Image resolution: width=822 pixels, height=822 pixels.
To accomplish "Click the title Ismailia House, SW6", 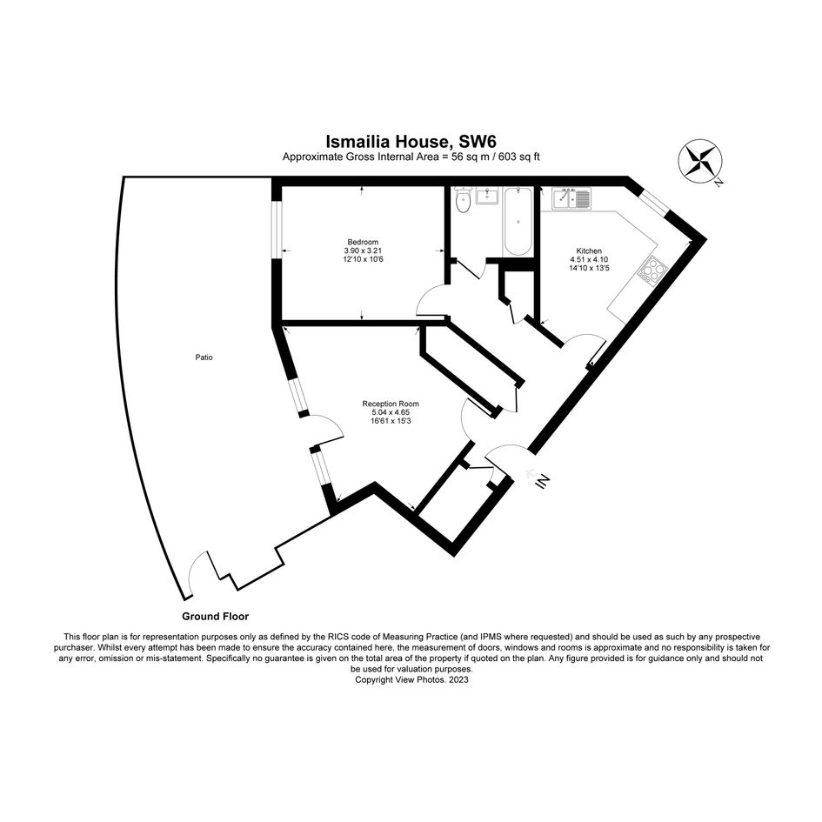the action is point(411,142).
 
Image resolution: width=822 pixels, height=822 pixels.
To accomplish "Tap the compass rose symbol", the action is point(700,162).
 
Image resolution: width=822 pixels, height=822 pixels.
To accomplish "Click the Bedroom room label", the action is point(363,242).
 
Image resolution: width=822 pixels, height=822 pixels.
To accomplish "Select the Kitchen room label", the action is point(589,251).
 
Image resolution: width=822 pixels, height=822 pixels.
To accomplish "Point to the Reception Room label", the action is point(391,404).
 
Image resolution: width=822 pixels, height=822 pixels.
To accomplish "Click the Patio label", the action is point(204,358).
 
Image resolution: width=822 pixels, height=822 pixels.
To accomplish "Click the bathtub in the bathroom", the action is point(518,222).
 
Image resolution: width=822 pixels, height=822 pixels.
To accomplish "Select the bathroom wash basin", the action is point(487,196).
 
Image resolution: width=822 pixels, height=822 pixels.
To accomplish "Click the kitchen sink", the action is point(571,198).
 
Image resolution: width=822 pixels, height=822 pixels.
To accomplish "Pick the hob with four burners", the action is point(652,270).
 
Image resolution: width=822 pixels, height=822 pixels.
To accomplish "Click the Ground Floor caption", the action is point(216,617).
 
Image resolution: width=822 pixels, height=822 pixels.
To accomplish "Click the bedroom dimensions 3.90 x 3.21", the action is point(363,251).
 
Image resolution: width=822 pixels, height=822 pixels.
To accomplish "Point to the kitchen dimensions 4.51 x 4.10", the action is point(589,259).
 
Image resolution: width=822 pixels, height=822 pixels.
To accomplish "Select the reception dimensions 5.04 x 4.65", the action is point(391,412).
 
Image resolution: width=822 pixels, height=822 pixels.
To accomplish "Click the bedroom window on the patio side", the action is point(277,230).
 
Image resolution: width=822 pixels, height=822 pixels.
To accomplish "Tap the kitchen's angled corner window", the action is point(653,201).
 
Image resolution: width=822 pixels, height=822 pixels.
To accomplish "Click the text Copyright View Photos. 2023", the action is point(411,679).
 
